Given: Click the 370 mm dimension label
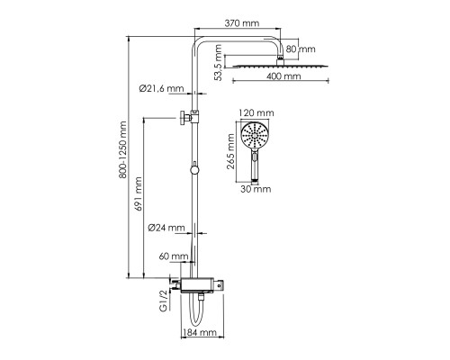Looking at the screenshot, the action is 242,23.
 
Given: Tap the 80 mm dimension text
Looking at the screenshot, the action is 301,49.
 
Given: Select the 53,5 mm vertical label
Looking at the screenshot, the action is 219,63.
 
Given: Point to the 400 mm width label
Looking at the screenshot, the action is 283,76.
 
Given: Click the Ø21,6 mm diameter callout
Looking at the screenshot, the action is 161,88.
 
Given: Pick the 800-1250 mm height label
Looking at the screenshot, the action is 122,150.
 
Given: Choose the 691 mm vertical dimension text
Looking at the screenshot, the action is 138,193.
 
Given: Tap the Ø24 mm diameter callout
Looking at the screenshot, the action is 166,228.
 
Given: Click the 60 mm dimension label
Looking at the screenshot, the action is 174,256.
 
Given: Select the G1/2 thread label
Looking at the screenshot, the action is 164,301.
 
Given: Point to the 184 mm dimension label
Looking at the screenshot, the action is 200,332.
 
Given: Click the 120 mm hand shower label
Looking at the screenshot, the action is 256,112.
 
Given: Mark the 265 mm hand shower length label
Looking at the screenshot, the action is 230,151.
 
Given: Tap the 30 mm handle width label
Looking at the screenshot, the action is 256,189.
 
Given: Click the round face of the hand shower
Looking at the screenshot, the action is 255,135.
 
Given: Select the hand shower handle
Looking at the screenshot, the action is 255,166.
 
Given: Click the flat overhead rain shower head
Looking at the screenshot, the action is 281,66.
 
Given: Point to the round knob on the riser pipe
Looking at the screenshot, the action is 194,170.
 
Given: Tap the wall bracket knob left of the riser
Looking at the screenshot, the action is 183,118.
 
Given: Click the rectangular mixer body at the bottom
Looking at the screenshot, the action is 198,284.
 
